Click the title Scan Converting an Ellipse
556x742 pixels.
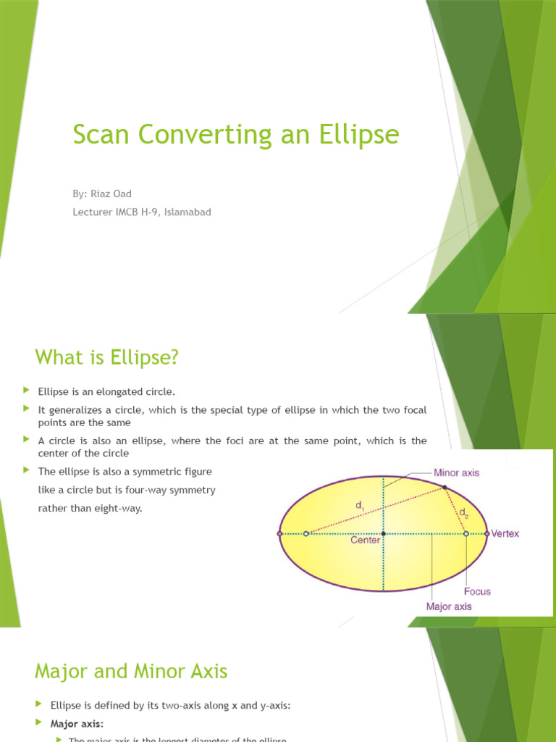[x=235, y=135]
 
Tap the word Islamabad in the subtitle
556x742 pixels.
[x=187, y=212]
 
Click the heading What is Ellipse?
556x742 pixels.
[x=106, y=357]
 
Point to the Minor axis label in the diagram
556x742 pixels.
[x=456, y=472]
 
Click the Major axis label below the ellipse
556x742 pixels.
[x=448, y=606]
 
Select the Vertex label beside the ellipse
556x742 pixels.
[x=505, y=534]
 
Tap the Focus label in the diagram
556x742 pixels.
[x=477, y=591]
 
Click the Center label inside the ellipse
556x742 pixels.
[x=366, y=541]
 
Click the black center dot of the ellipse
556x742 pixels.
[x=383, y=534]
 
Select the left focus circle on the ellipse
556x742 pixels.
[x=306, y=534]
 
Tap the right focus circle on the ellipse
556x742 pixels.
[x=466, y=534]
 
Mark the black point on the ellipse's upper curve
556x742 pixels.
[x=445, y=488]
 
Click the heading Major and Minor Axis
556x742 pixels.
[x=131, y=672]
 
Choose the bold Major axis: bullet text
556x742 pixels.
[x=77, y=723]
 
